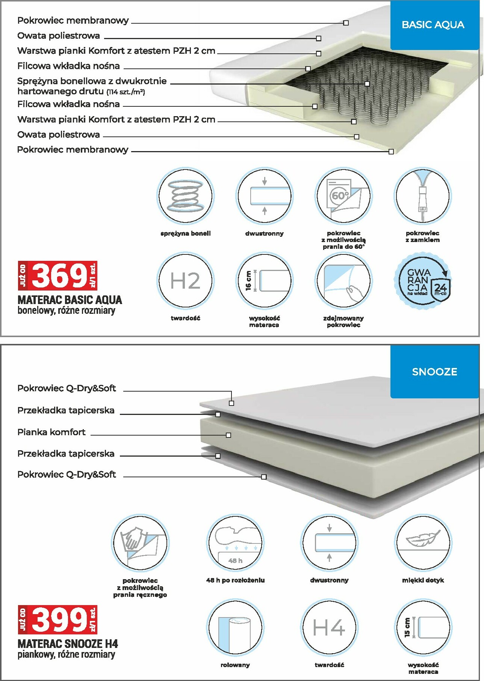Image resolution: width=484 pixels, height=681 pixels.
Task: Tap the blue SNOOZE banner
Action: click(434, 372)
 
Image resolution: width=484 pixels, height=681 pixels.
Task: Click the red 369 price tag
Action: click(58, 275)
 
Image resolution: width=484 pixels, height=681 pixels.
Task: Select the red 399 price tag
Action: click(58, 619)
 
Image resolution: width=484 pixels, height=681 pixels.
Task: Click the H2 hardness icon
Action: click(185, 280)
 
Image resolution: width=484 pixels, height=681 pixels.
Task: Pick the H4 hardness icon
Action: click(329, 627)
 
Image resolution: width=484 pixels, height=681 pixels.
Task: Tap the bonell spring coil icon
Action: click(185, 196)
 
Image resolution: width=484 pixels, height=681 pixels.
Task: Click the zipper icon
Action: click(422, 196)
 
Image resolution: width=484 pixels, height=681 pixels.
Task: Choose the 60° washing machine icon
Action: click(343, 196)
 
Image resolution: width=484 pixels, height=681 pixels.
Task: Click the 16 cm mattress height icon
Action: click(264, 280)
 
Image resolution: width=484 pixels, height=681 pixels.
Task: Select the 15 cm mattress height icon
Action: click(423, 627)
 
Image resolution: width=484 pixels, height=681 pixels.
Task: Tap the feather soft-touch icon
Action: click(423, 543)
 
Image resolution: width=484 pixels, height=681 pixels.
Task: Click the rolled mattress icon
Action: click(235, 627)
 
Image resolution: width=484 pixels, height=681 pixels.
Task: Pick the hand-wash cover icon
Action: click(140, 543)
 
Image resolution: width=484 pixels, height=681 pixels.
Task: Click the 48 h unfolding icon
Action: click(235, 543)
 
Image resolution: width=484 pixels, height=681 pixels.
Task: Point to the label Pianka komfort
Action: click(51, 432)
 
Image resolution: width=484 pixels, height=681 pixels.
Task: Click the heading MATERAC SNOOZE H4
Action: click(68, 644)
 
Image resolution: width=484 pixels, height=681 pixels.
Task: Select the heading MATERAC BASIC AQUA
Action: click(70, 300)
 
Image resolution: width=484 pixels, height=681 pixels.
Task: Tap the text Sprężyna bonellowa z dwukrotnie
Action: click(92, 81)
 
